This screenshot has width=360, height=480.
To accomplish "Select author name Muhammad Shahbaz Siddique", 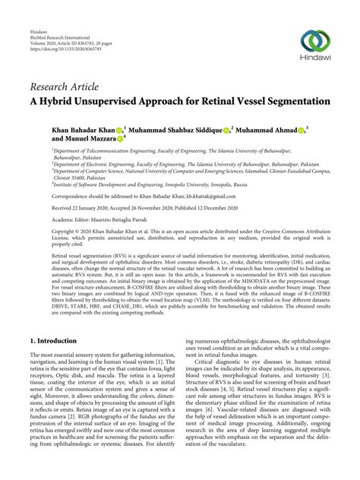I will tap(178, 131).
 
